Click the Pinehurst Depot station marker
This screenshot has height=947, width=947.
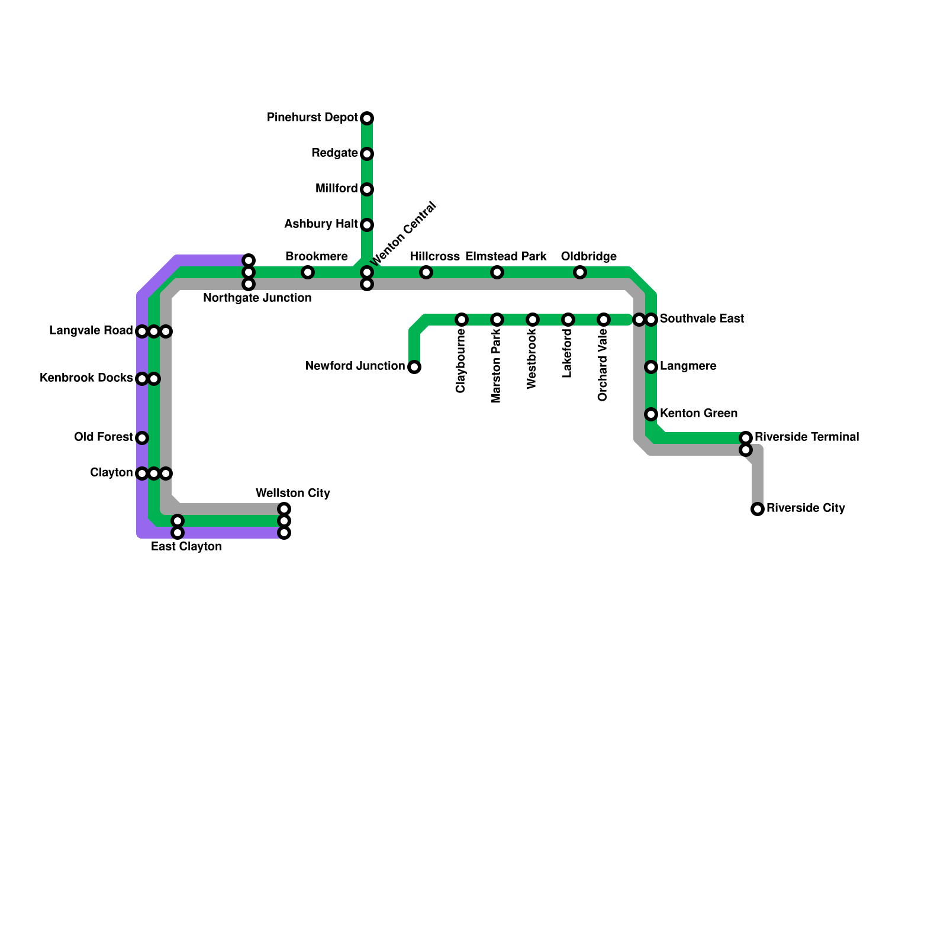coord(367,118)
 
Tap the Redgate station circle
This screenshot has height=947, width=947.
coord(367,154)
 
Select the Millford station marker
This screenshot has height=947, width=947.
coord(367,189)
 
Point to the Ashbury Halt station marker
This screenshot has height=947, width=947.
coord(367,225)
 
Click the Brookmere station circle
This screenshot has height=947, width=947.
coord(308,272)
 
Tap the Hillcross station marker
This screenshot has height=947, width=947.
coord(426,272)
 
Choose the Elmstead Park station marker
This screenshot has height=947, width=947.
coord(497,272)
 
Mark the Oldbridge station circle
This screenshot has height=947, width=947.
coord(580,272)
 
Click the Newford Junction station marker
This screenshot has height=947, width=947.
coord(414,367)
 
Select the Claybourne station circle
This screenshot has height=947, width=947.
coord(462,320)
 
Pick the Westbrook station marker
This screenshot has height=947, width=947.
coord(533,320)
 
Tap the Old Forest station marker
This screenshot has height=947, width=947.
coord(142,438)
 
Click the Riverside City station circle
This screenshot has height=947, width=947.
coord(758,509)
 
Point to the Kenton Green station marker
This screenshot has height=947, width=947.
coord(651,414)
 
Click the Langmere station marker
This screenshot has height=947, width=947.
coord(651,367)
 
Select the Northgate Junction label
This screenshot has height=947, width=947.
coord(257,298)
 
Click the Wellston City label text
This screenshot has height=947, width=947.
coord(292,493)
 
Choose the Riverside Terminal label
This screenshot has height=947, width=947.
coord(806,437)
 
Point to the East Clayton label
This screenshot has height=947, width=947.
coord(186,546)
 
